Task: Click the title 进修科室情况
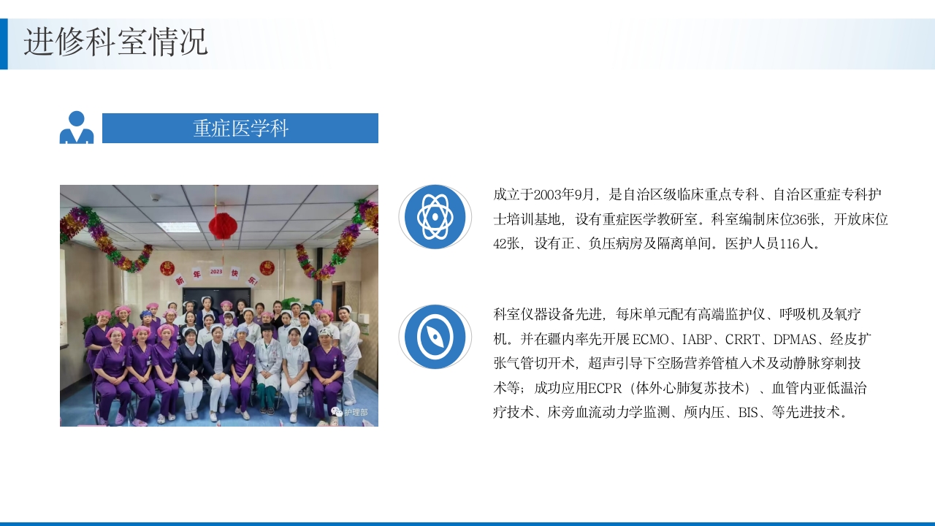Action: pos(115,42)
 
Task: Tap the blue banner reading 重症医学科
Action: pos(240,129)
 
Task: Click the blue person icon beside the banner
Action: pos(77,128)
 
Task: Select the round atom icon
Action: pos(435,216)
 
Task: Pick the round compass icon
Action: pos(435,337)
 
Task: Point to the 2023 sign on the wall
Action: pos(216,272)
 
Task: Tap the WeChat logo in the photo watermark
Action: pos(336,412)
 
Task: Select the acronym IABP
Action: pos(699,339)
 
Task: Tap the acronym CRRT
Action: pos(744,339)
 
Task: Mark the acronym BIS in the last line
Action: pos(748,413)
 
